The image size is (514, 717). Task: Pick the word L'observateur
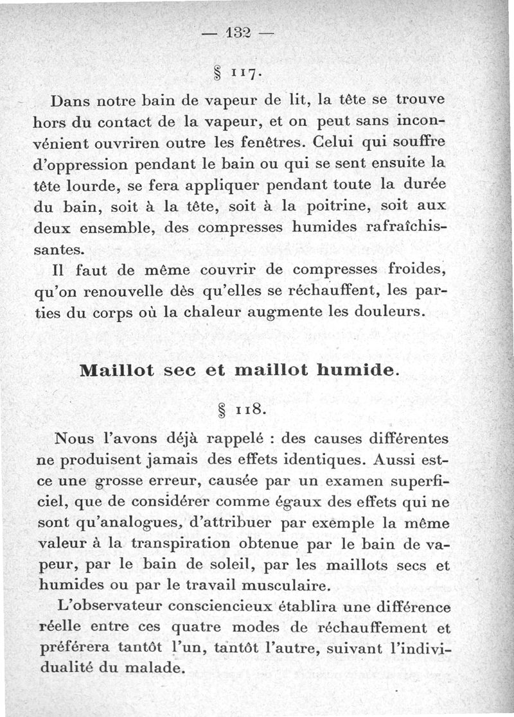tap(108, 606)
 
